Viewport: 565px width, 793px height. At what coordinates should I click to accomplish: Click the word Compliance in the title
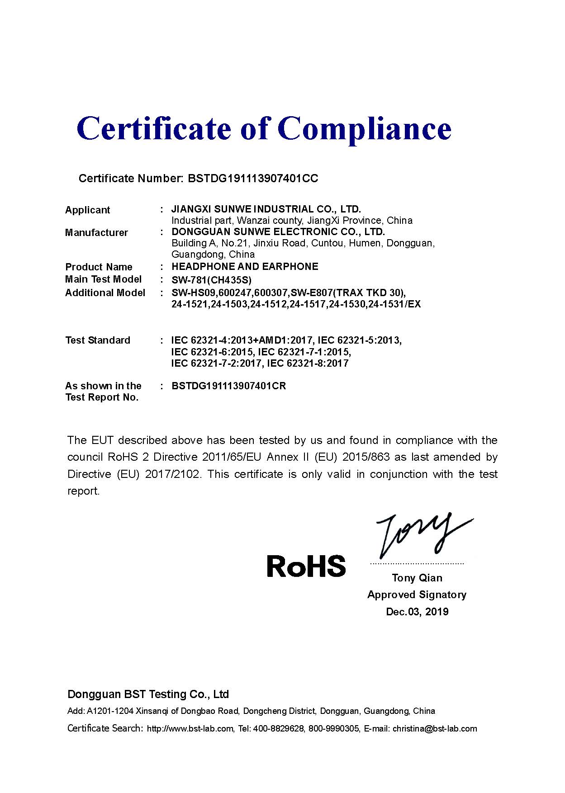(364, 129)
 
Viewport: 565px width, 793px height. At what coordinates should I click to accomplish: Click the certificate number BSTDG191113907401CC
(252, 179)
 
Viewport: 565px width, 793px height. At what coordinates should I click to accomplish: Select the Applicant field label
(87, 210)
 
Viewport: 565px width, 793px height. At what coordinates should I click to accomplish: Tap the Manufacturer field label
(96, 233)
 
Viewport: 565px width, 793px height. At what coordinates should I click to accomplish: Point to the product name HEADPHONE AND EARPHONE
(245, 267)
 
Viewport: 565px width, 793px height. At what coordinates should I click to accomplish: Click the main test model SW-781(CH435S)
(211, 280)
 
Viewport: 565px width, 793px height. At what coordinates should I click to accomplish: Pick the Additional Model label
(105, 293)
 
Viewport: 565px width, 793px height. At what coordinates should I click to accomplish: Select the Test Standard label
(98, 340)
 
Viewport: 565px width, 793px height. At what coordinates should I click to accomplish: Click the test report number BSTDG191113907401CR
(228, 386)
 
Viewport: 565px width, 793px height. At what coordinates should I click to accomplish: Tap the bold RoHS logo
(306, 566)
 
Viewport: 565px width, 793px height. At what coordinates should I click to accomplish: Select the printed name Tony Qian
(417, 578)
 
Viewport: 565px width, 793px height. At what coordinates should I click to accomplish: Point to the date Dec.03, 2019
(417, 612)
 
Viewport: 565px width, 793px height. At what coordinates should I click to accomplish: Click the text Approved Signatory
(417, 595)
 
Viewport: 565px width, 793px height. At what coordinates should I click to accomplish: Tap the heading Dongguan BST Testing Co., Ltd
(148, 694)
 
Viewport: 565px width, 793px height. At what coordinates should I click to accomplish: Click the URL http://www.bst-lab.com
(190, 729)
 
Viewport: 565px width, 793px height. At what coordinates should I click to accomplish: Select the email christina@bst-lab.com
(435, 729)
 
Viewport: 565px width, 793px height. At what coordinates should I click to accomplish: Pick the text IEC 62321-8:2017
(308, 363)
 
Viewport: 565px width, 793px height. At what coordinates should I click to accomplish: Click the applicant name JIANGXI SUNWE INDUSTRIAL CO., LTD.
(266, 209)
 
